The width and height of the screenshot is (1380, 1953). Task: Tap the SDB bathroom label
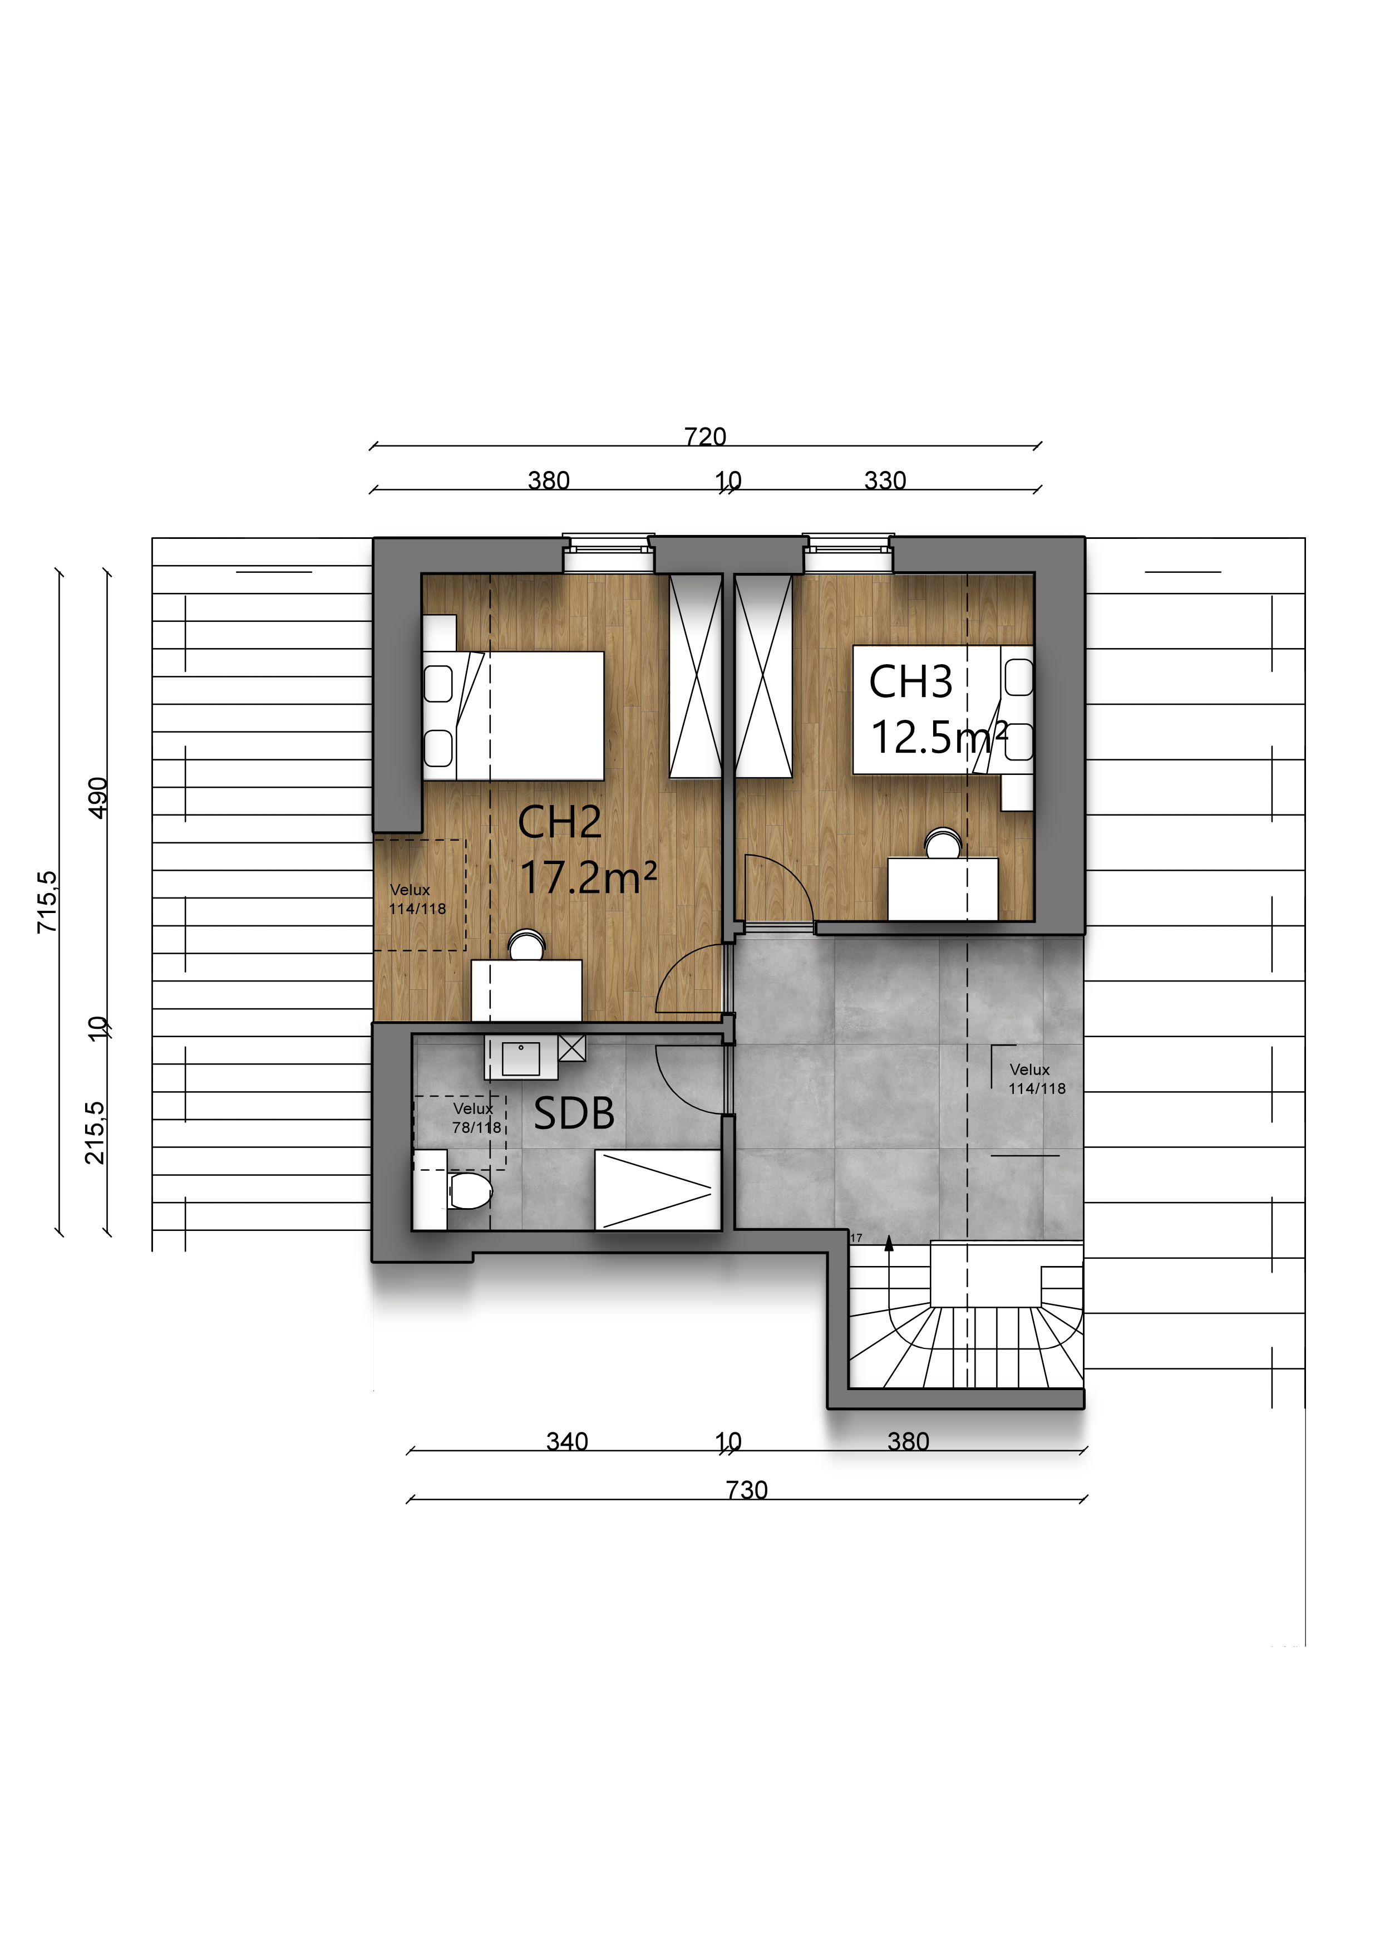[x=574, y=1115]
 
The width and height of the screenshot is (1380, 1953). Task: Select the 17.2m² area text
[x=588, y=878]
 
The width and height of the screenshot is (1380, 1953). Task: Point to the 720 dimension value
[x=705, y=436]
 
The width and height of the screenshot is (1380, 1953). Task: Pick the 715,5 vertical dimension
[x=48, y=902]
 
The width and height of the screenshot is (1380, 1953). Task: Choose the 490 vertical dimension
[x=98, y=798]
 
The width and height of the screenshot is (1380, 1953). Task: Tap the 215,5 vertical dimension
[x=95, y=1133]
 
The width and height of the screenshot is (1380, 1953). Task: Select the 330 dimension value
[x=885, y=480]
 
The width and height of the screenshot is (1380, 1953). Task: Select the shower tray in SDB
[x=657, y=1190]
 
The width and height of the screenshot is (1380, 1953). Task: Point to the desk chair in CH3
[x=943, y=844]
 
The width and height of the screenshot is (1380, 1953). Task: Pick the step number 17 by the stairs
[x=856, y=1239]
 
